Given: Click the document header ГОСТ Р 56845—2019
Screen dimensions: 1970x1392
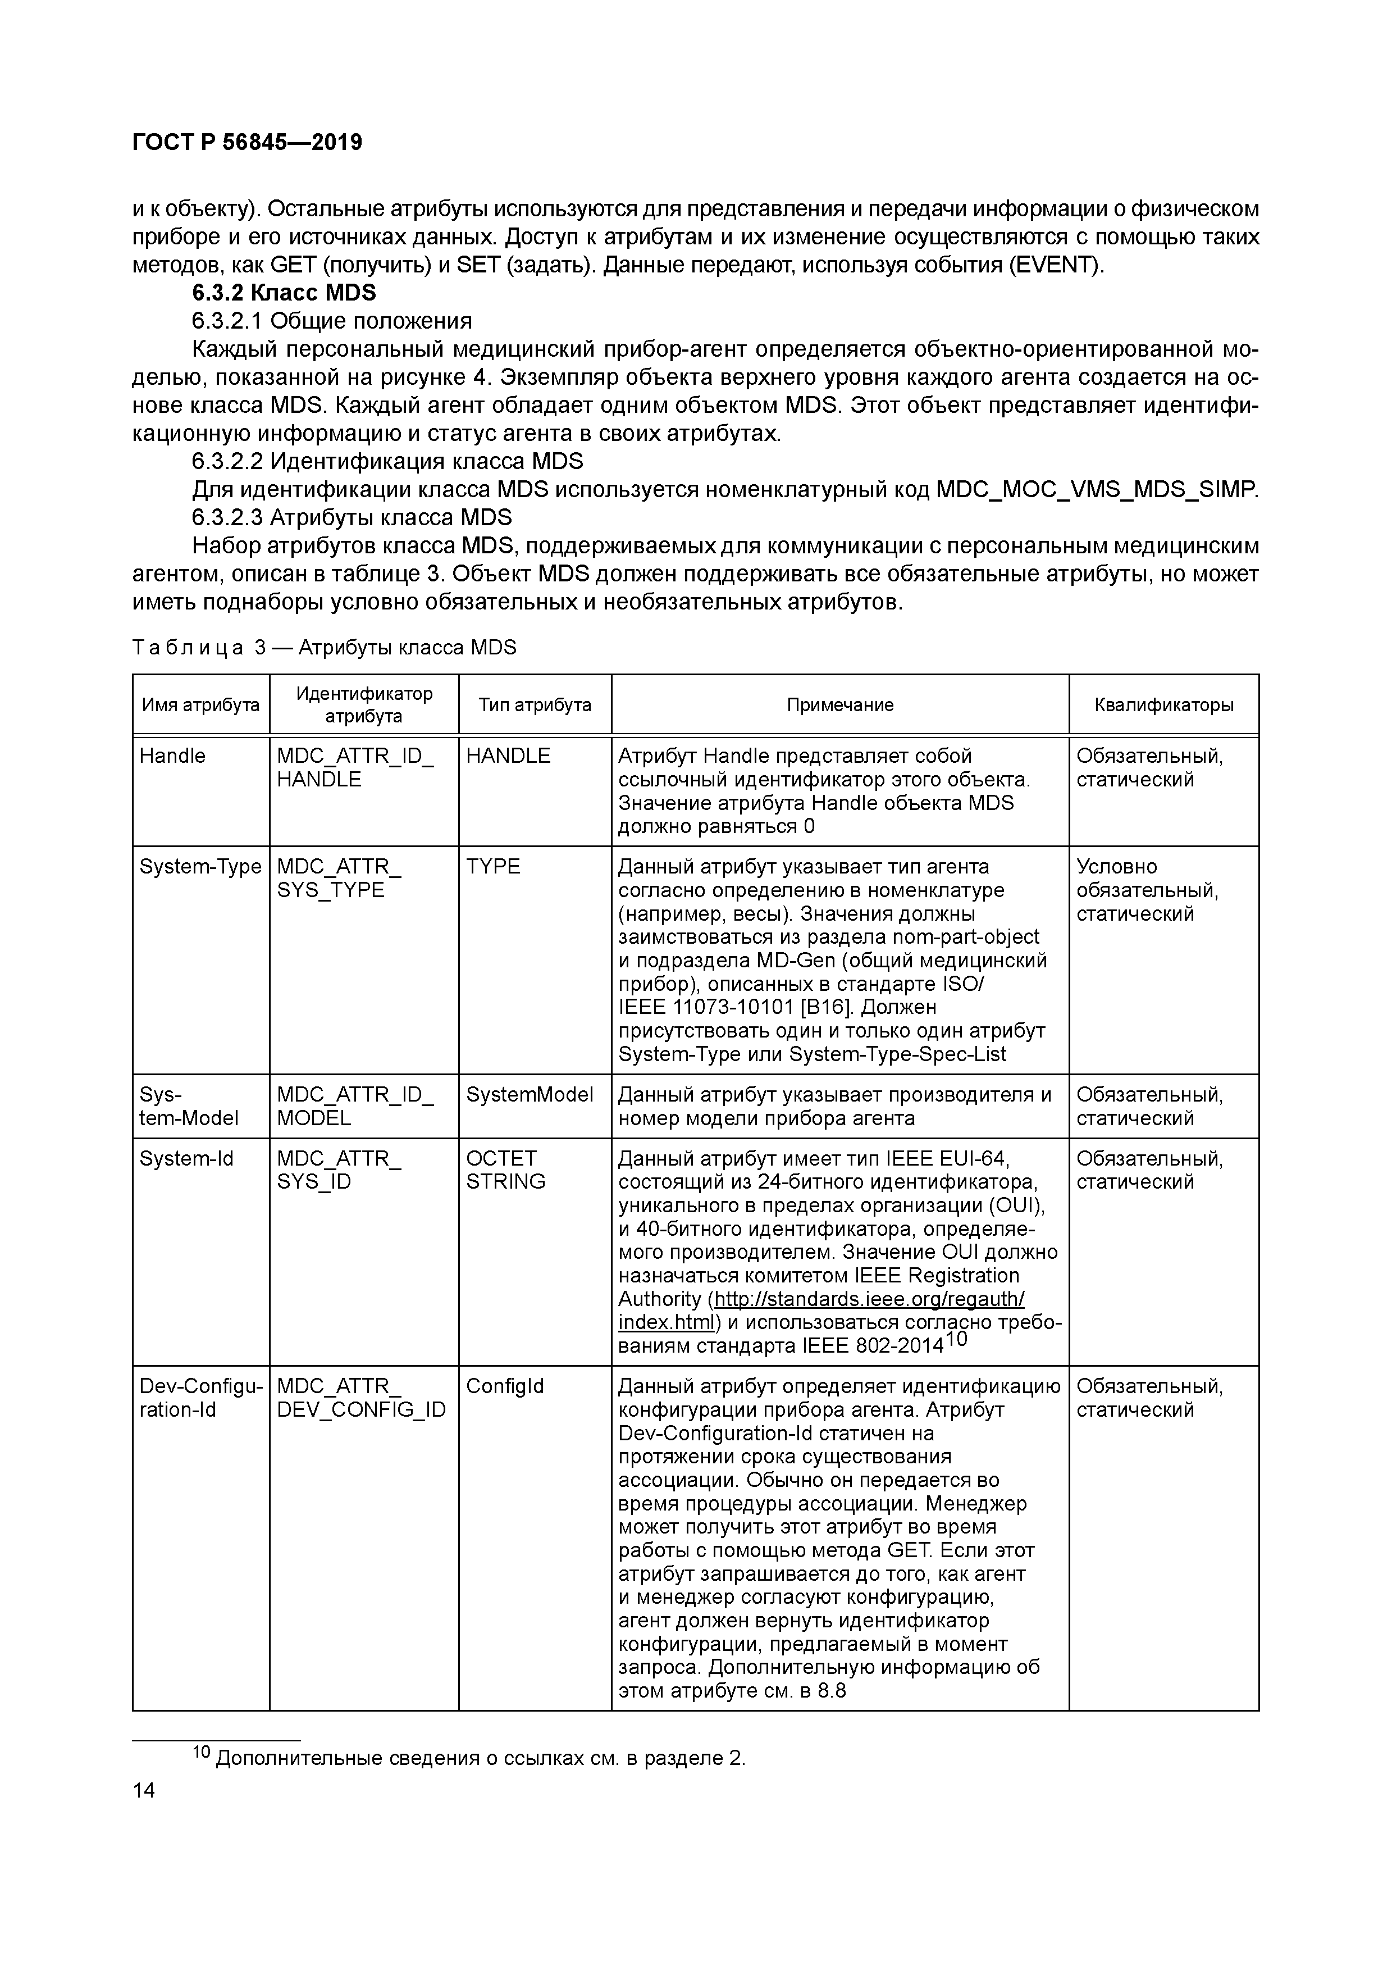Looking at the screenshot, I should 247,143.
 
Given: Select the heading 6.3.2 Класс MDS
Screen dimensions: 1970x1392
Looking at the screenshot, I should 284,293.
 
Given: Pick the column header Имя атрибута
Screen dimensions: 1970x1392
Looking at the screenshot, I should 200,704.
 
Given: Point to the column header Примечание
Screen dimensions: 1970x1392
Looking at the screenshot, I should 839,704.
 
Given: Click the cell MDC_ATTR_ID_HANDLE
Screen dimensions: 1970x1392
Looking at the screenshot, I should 355,768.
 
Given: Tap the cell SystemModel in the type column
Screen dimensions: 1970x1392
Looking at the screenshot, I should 529,1095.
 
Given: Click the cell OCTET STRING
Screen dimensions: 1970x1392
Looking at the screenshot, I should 505,1170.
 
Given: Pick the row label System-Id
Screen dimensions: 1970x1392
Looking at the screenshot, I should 186,1159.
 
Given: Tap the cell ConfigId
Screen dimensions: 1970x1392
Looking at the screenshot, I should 504,1386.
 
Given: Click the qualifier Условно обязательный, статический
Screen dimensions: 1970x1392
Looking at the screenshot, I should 1147,890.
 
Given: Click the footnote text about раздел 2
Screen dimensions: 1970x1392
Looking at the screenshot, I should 480,1758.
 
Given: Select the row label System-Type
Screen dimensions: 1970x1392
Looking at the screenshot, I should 200,867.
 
